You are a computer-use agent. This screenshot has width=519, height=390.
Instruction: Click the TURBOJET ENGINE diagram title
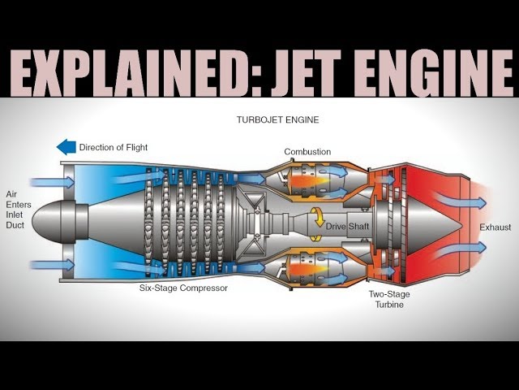[x=277, y=119]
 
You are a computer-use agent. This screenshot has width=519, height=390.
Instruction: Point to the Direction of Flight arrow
[x=66, y=147]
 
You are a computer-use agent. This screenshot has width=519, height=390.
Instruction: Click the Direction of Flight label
[x=114, y=148]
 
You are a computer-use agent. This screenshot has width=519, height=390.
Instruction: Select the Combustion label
[x=307, y=152]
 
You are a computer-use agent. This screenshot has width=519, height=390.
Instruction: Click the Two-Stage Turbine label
[x=385, y=299]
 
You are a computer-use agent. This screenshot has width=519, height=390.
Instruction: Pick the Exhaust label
[x=495, y=227]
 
